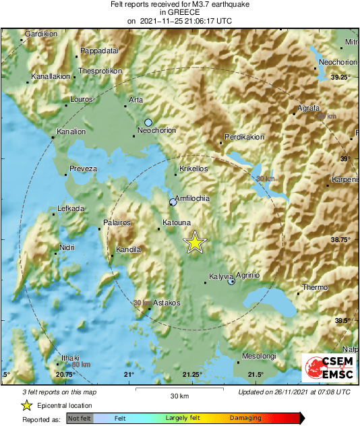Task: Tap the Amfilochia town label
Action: tap(193, 198)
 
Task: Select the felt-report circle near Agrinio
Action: tap(231, 282)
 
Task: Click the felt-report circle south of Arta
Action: tap(148, 122)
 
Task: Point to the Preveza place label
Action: tap(84, 169)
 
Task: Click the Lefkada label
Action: tap(71, 209)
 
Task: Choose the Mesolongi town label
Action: tap(260, 356)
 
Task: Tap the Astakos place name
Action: tap(167, 303)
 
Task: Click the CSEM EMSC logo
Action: tap(330, 369)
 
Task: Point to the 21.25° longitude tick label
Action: tap(192, 375)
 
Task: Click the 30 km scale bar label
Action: tap(179, 396)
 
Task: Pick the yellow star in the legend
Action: tap(26, 405)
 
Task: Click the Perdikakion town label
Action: tap(245, 137)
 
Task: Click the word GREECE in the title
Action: tap(179, 12)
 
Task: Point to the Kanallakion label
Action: tap(51, 76)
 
